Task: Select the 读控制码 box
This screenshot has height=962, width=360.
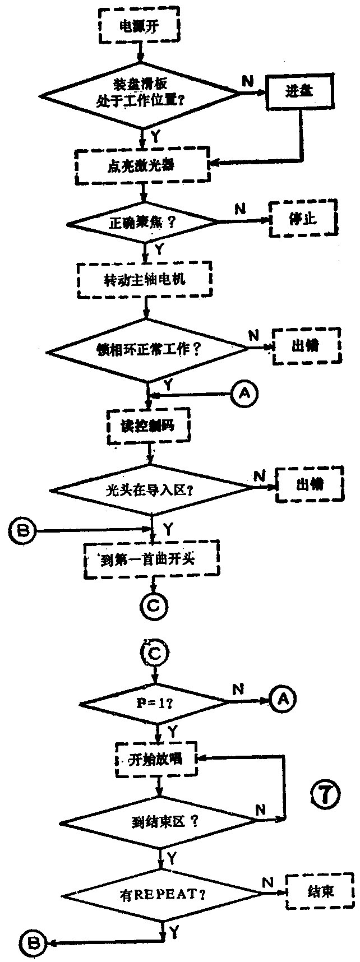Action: (x=148, y=426)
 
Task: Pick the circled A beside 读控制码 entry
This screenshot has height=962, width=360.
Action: (x=244, y=394)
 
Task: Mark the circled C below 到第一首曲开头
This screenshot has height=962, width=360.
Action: (x=153, y=605)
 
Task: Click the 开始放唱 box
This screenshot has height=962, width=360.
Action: (x=156, y=760)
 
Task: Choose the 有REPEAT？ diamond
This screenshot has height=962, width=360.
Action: (x=163, y=894)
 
